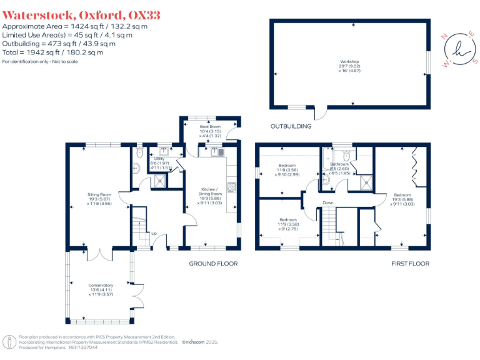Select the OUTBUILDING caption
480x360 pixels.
[x=291, y=126]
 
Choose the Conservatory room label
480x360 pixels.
[x=101, y=289]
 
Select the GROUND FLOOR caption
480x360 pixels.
[x=213, y=264]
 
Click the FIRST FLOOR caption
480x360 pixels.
[x=410, y=264]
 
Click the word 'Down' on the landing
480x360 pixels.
[x=328, y=203]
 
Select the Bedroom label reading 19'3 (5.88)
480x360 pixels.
[x=402, y=199]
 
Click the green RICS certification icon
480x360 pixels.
[x=9, y=342]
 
